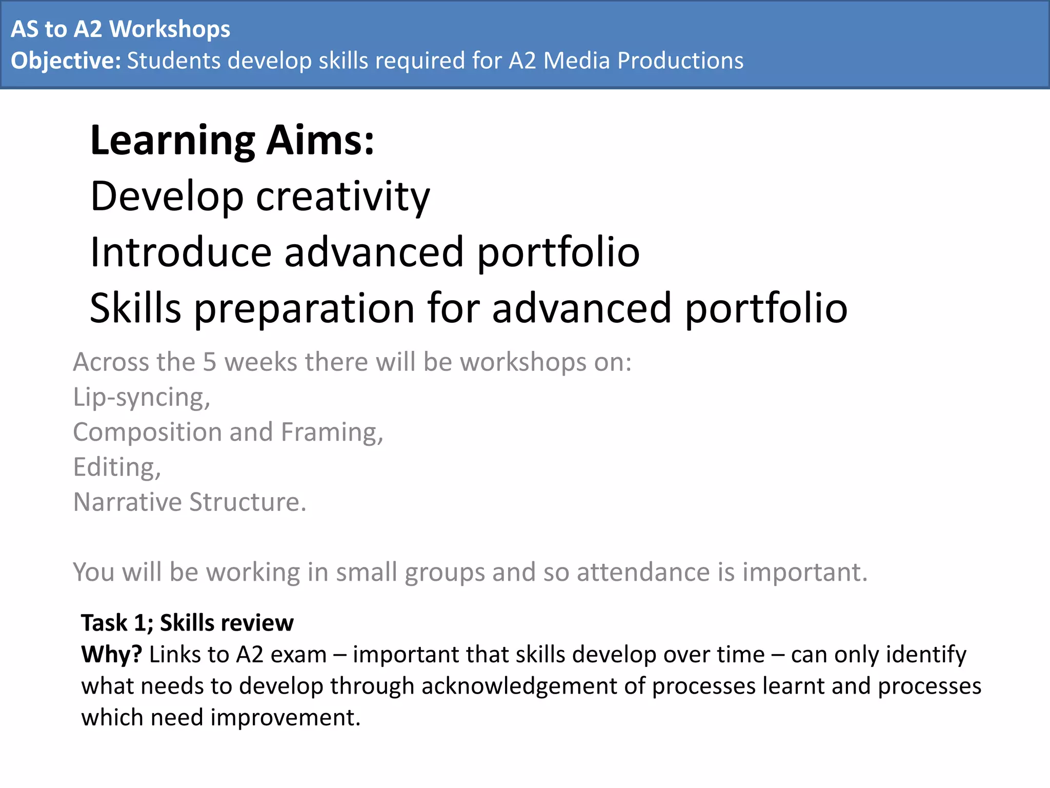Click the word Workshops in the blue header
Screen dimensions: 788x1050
(x=170, y=29)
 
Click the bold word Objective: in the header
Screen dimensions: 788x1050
(x=66, y=61)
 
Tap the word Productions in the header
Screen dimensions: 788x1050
(x=680, y=61)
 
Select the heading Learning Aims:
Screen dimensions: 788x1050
(x=232, y=140)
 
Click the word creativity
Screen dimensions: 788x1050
(x=342, y=197)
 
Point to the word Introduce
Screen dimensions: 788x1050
(x=180, y=252)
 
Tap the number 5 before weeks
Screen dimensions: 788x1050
(x=210, y=362)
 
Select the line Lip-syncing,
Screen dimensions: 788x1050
(x=142, y=397)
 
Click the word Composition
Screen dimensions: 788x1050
(x=147, y=432)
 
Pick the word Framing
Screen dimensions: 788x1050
(x=331, y=432)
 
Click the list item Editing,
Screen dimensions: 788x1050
(x=117, y=467)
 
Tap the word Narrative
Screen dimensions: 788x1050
(x=127, y=502)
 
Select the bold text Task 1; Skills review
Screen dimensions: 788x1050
(x=187, y=623)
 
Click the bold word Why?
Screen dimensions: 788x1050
(x=111, y=655)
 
